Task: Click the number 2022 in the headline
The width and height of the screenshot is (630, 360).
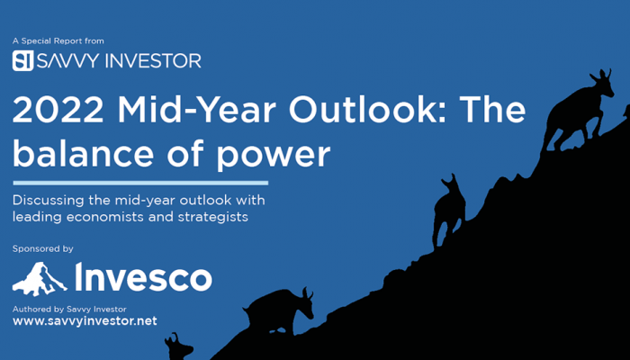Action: point(58,110)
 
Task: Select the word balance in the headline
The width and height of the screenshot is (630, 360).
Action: point(83,154)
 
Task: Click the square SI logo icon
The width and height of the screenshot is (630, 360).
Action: point(22,60)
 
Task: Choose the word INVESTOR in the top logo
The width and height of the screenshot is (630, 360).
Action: point(153,60)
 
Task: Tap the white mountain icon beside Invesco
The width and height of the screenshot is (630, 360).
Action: point(40,279)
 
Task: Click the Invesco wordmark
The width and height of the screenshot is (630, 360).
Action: point(143,277)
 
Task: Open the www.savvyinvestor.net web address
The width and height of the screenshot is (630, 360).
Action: point(85,321)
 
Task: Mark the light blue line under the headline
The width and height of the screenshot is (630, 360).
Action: point(140,184)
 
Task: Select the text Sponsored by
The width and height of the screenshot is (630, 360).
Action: point(43,248)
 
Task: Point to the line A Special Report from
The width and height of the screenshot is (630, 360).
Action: point(58,41)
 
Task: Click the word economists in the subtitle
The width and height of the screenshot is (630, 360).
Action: point(105,217)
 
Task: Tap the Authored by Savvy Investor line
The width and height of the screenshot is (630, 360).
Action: point(69,310)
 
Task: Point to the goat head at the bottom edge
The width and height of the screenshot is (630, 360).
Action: point(179,347)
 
